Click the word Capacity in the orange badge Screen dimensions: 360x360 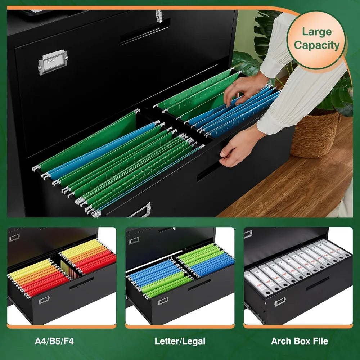point(316,45)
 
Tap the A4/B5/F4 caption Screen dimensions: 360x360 point(54,341)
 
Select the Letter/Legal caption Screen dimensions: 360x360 point(180,341)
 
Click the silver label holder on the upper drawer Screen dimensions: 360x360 point(53,62)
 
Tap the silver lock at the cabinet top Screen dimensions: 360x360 point(159,16)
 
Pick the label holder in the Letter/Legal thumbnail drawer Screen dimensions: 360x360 point(163,301)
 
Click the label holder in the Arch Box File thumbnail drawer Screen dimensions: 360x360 point(280,302)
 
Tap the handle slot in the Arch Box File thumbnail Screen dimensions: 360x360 point(317,284)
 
